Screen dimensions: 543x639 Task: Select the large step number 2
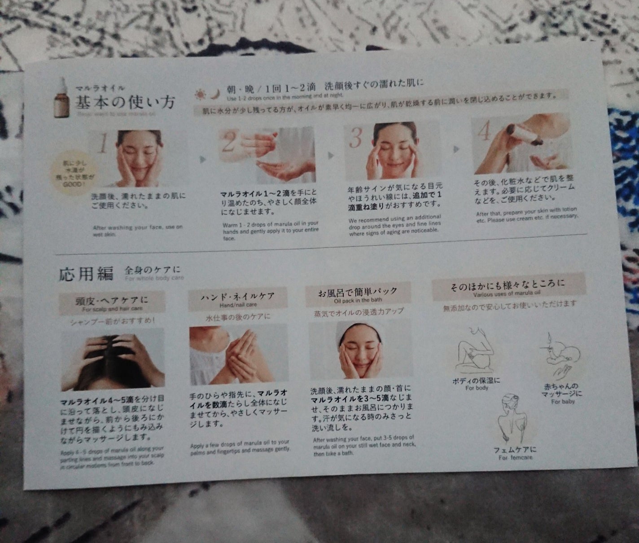pyautogui.click(x=228, y=143)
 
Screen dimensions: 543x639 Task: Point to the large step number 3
pyautogui.click(x=355, y=139)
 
